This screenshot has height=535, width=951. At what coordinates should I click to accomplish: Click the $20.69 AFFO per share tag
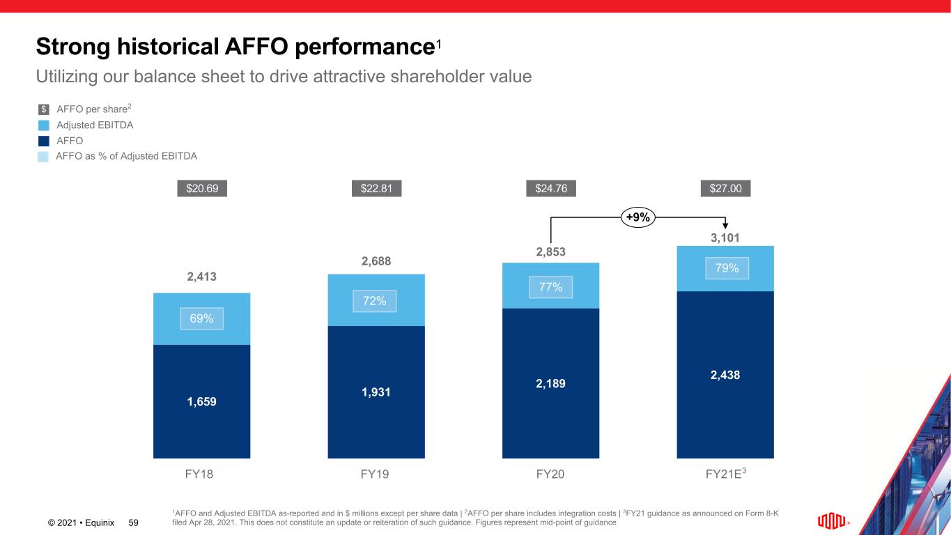[202, 189]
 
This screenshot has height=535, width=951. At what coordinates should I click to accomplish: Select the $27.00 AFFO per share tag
[725, 189]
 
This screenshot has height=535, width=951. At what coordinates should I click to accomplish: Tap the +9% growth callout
[637, 217]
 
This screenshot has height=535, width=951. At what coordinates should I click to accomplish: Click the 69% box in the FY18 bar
[202, 318]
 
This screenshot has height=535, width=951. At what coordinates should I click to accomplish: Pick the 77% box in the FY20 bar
[551, 287]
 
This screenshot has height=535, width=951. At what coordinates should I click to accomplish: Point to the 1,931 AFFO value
[376, 392]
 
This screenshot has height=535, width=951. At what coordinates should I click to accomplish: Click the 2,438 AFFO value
[725, 375]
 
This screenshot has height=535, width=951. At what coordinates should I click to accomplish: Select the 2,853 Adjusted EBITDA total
[551, 251]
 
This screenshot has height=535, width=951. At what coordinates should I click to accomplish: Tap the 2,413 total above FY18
[202, 277]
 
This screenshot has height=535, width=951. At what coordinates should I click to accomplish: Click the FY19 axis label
[376, 475]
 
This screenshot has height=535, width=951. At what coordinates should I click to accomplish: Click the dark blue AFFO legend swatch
[44, 141]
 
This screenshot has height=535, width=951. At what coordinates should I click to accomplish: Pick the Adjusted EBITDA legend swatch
[44, 125]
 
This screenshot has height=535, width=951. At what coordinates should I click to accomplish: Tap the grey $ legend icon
[44, 109]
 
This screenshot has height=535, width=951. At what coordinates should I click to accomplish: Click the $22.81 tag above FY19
[376, 189]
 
